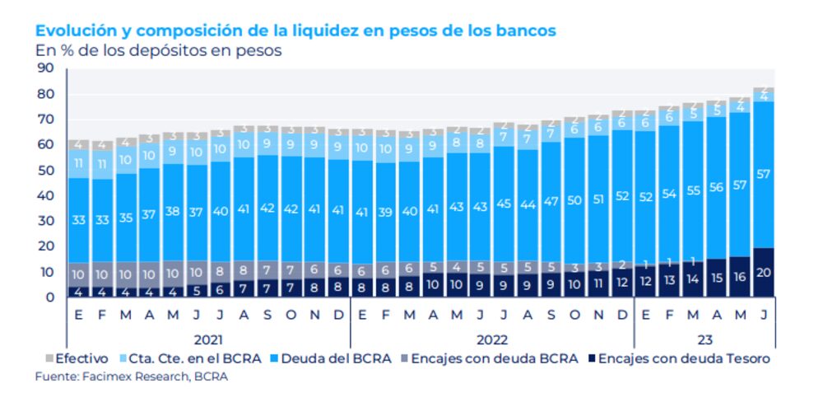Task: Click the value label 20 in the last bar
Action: (x=764, y=274)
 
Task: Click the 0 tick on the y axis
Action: (x=49, y=297)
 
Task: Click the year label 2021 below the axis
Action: (x=207, y=338)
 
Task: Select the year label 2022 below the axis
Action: (x=491, y=338)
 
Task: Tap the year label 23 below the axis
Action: (x=704, y=338)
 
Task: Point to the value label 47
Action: (x=551, y=200)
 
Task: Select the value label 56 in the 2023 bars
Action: (x=716, y=187)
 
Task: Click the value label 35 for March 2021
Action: (x=125, y=218)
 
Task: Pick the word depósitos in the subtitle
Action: (x=184, y=49)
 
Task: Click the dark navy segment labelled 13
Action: (x=669, y=281)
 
